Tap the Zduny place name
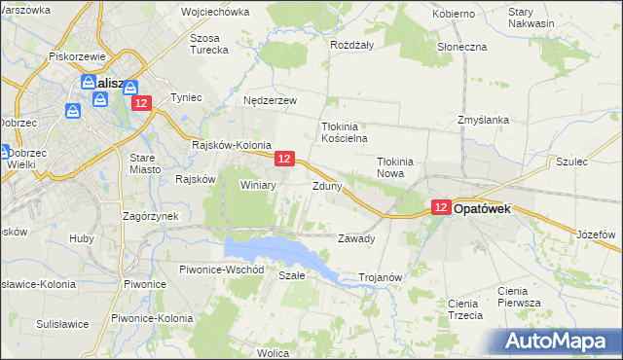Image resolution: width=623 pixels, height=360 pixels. (327, 185)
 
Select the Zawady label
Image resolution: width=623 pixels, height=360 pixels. (356, 238)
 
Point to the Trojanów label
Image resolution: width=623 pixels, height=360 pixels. (381, 277)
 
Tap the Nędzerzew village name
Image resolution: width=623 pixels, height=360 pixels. (271, 100)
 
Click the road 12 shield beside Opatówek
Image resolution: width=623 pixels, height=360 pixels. (441, 207)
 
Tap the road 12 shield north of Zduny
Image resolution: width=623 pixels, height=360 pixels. (284, 158)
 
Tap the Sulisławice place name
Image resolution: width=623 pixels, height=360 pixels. (62, 323)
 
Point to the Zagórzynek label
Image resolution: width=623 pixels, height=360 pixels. (149, 216)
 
